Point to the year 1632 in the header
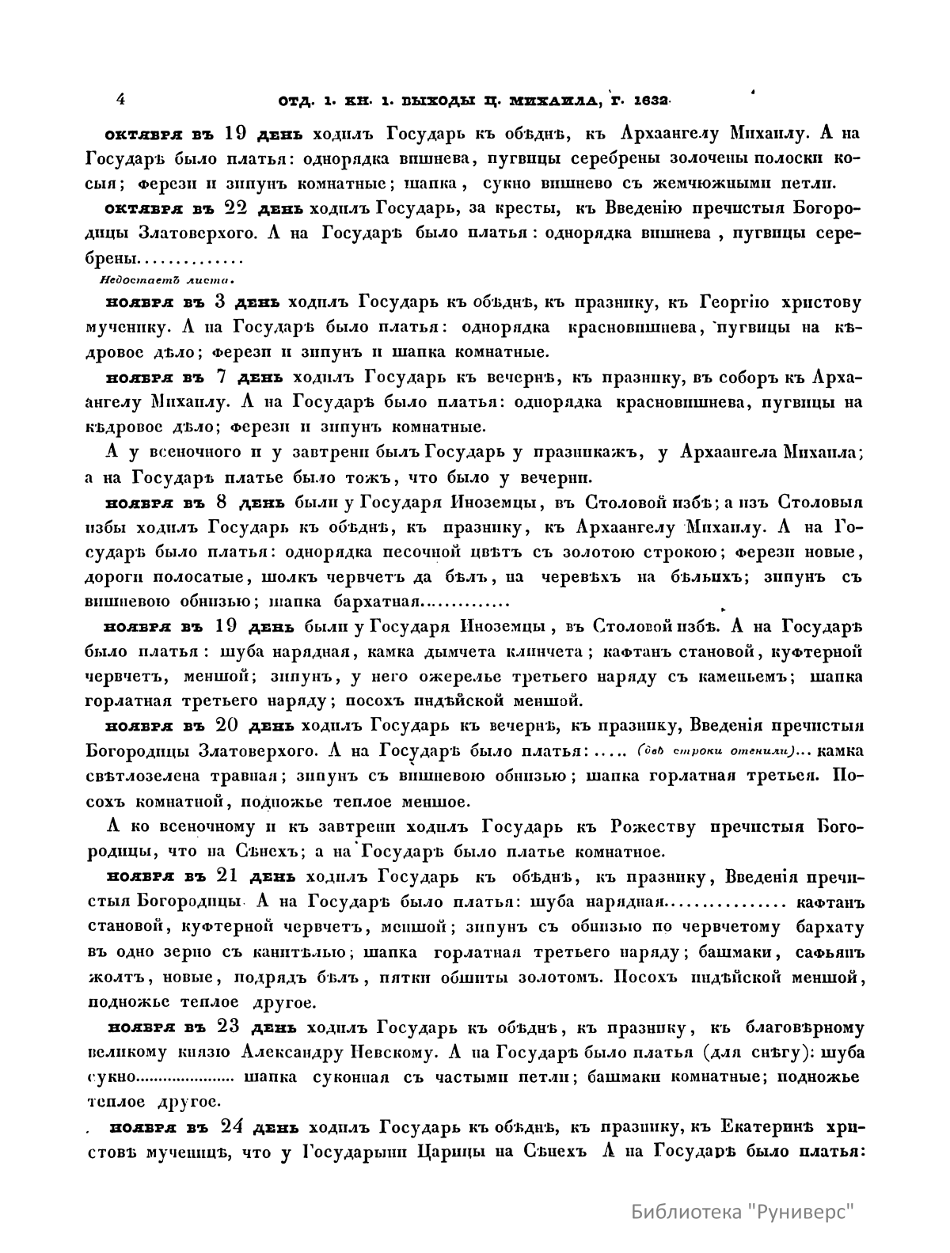tap(650, 101)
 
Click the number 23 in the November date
tap(231, 1027)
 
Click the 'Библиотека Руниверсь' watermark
tap(744, 1211)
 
